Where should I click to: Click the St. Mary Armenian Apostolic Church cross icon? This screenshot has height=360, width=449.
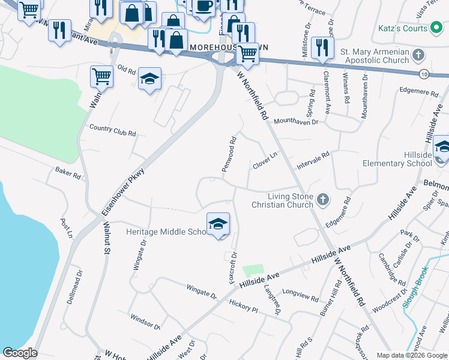419,55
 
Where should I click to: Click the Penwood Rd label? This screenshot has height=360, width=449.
229,154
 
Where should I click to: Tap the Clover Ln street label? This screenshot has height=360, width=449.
265,160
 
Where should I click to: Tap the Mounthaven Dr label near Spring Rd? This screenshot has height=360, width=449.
296,122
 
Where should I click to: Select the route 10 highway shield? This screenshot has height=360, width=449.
424,73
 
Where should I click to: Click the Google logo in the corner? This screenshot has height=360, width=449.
20,353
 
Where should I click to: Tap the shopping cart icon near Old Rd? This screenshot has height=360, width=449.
101,77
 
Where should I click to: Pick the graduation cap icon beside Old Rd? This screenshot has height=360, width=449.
149,79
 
